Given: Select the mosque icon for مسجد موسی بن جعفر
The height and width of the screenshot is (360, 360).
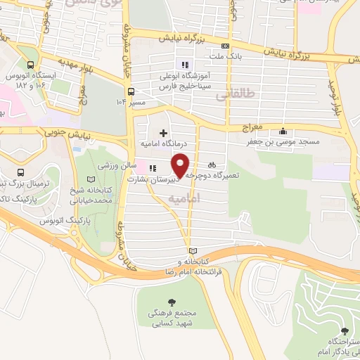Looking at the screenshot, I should (x=283, y=131).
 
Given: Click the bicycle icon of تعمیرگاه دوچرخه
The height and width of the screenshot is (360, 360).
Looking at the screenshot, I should (x=212, y=165).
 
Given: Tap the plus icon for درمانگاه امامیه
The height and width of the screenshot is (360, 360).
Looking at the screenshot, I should (x=163, y=132).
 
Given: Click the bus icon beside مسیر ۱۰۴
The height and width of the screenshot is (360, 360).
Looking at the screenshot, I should (x=131, y=91).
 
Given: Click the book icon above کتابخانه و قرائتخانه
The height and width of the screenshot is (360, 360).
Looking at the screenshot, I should (x=193, y=251).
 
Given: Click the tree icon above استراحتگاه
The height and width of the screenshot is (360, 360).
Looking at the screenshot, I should (x=344, y=330).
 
